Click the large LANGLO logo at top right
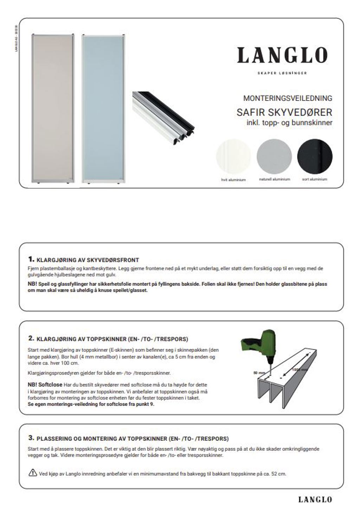[282, 56]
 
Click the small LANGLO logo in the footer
[315, 500]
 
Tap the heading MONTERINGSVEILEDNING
[288, 98]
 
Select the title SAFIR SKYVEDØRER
[284, 113]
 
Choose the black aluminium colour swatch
[315, 155]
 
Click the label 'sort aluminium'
[315, 179]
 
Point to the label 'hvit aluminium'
[233, 180]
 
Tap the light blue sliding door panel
[103, 108]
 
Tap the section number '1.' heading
[31, 260]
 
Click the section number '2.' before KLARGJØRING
[31, 338]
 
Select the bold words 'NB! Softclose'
[45, 384]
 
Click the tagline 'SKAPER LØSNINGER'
[282, 73]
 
